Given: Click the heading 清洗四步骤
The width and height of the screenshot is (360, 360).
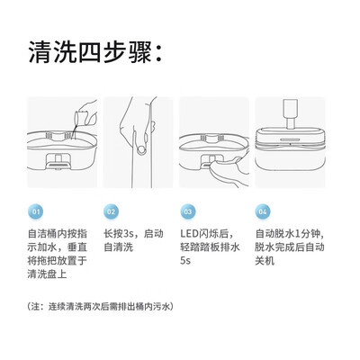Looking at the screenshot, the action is tap(95, 53).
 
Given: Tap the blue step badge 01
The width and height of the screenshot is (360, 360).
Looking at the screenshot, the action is tap(36, 211).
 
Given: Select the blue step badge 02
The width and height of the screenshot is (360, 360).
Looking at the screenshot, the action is tap(111, 211).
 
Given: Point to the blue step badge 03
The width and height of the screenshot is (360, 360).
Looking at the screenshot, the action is tap(188, 211).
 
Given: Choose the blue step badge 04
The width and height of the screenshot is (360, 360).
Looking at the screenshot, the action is tap(263, 211).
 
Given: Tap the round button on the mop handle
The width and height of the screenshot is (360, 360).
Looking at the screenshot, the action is tap(141, 149).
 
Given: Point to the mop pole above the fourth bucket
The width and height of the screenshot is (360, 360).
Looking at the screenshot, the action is tap(290, 114).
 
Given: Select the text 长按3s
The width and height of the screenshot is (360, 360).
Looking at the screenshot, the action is tap(120, 233).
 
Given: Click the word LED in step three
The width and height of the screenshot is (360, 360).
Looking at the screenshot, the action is tap(189, 233).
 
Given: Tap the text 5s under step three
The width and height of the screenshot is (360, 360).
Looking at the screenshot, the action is tap(185, 260).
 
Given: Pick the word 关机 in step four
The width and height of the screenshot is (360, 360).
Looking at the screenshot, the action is tap(265, 260).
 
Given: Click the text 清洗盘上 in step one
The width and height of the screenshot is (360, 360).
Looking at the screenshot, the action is tap(47, 274).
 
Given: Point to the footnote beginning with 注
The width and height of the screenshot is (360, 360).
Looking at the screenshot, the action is tap(101, 307).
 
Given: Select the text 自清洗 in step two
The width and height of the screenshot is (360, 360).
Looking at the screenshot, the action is tap(118, 247).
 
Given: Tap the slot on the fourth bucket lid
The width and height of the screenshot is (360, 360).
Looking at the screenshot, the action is tap(291, 139).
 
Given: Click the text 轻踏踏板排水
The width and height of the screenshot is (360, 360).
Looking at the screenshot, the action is tap(210, 247).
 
